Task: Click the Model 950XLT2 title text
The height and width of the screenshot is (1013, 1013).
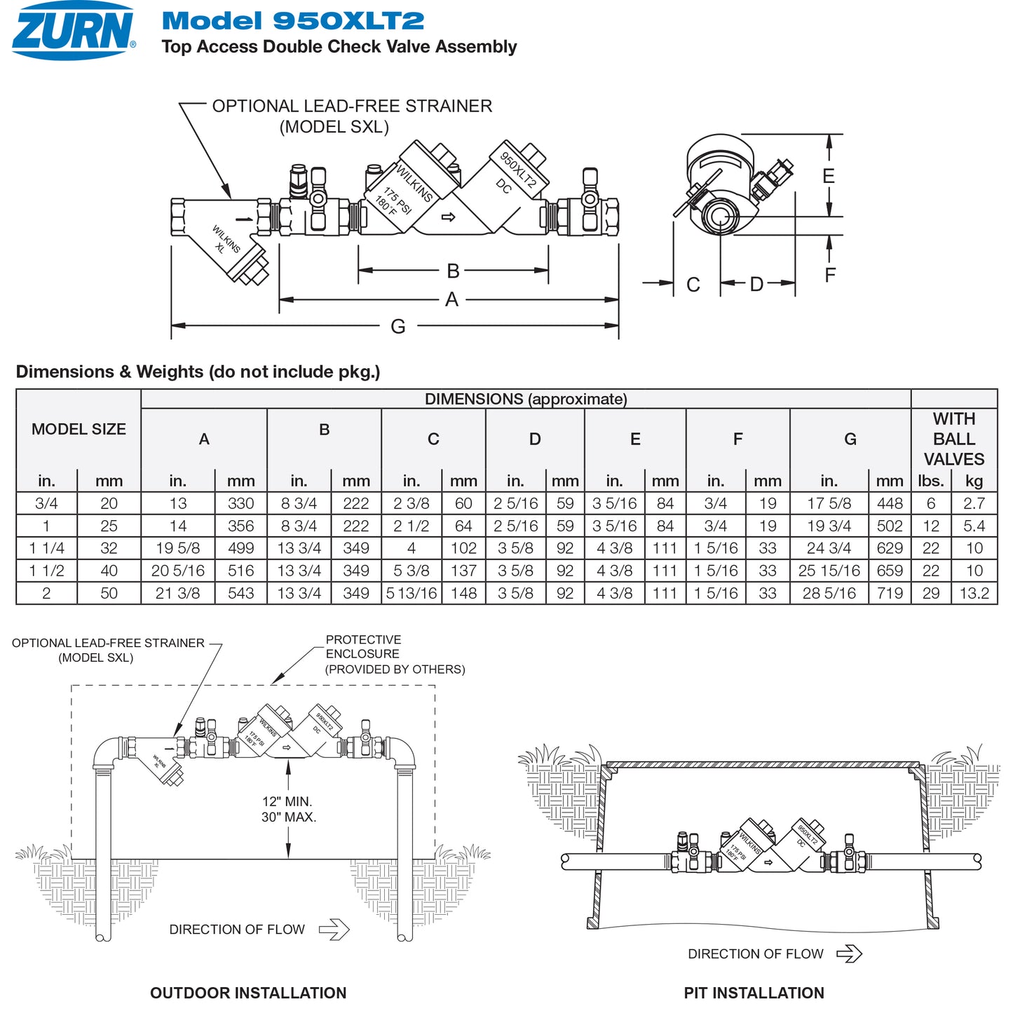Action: (292, 21)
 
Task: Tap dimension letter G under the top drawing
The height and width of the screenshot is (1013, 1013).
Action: (397, 326)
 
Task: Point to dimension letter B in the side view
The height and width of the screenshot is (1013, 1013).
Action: (453, 271)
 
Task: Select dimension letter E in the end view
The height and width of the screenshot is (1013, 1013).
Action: (829, 176)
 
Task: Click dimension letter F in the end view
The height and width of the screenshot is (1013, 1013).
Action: (830, 275)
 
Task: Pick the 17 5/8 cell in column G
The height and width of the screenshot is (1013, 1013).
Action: (829, 503)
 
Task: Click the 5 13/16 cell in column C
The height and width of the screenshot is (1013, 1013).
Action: (412, 593)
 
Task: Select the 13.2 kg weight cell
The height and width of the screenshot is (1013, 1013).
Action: (974, 593)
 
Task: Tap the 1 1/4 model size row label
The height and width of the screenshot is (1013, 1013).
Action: (46, 548)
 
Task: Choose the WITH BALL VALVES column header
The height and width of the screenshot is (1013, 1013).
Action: (953, 439)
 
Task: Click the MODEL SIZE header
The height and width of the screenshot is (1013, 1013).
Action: (79, 429)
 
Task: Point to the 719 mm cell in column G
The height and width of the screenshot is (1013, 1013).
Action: (890, 593)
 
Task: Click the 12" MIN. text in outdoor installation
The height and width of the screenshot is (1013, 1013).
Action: (287, 801)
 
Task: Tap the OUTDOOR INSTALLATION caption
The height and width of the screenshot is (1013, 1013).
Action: (248, 993)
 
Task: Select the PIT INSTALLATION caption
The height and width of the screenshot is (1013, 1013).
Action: (754, 993)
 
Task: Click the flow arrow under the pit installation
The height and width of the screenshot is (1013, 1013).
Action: (849, 953)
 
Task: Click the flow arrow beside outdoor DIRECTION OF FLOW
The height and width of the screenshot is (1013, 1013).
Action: (334, 930)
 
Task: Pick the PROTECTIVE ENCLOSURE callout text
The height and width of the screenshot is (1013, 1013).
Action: (363, 646)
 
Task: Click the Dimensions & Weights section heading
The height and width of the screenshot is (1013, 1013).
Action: (198, 372)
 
